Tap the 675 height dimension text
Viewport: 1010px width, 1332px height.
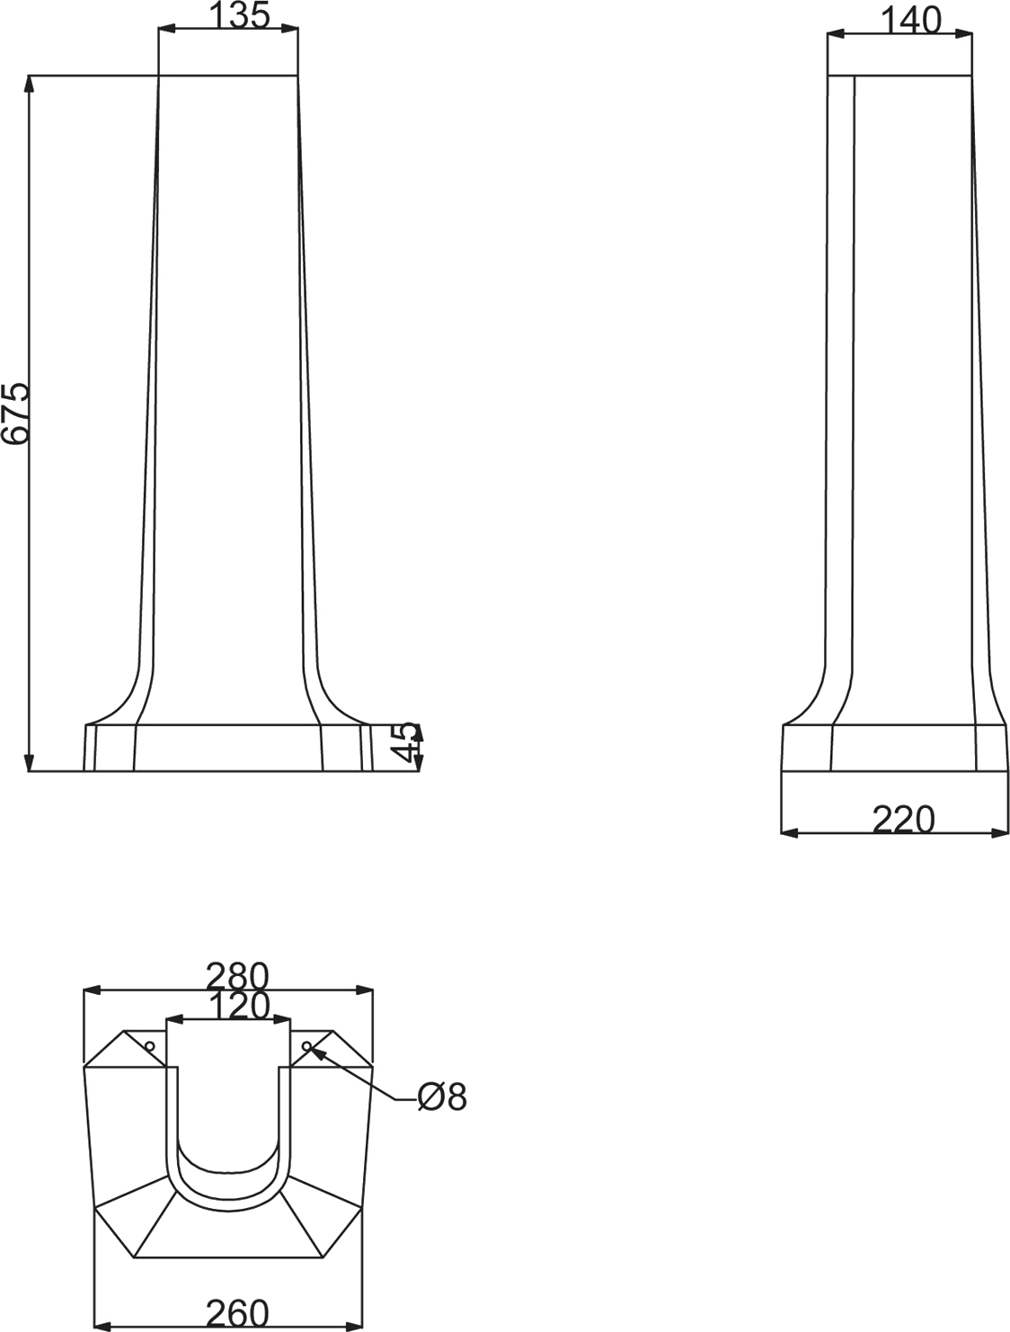(x=15, y=414)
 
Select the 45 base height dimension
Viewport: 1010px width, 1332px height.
(x=407, y=743)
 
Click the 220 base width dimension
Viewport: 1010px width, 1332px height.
(x=902, y=819)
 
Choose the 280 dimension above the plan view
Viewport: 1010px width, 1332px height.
(x=236, y=975)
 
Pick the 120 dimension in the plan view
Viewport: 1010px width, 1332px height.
(x=237, y=1006)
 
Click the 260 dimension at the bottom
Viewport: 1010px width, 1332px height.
(x=236, y=1314)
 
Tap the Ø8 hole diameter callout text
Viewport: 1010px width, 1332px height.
(x=442, y=1097)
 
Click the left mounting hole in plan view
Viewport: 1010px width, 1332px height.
(x=149, y=1046)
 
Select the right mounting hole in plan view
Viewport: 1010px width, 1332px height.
(x=307, y=1046)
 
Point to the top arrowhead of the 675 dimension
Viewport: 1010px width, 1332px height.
(x=30, y=83)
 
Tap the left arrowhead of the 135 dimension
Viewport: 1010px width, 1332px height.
(x=165, y=30)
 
